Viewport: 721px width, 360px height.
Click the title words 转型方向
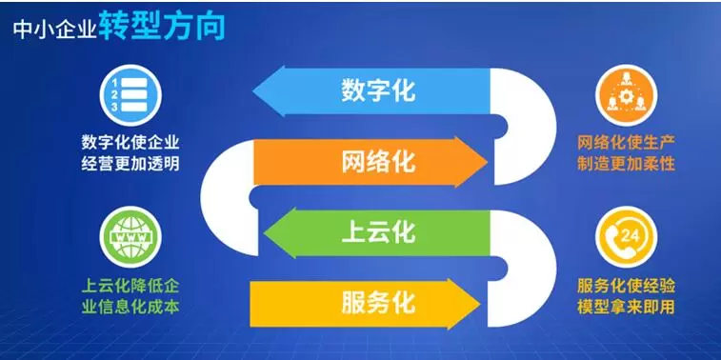pos(162,27)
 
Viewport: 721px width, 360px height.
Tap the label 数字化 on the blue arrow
pos(378,90)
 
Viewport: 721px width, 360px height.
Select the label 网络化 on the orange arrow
pos(378,161)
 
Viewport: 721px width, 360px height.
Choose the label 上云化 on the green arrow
pos(378,231)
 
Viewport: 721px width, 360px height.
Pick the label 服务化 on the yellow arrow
pos(378,303)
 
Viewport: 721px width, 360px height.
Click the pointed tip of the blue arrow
pos(253,90)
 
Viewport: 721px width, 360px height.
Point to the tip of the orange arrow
pos(488,162)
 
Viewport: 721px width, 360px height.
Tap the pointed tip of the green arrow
pos(264,232)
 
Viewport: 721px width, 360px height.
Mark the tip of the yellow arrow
pos(481,304)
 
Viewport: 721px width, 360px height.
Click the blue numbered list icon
pos(130,95)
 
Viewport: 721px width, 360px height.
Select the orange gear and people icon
pos(626,95)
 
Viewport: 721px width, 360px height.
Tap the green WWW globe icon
pos(130,237)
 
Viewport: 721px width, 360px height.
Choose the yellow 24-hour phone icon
pos(626,237)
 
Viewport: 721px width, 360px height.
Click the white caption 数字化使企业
pos(130,143)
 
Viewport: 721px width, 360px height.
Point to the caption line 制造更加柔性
pos(626,164)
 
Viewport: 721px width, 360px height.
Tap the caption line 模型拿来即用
pos(626,307)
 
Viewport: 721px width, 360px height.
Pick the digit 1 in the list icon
pos(115,83)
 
